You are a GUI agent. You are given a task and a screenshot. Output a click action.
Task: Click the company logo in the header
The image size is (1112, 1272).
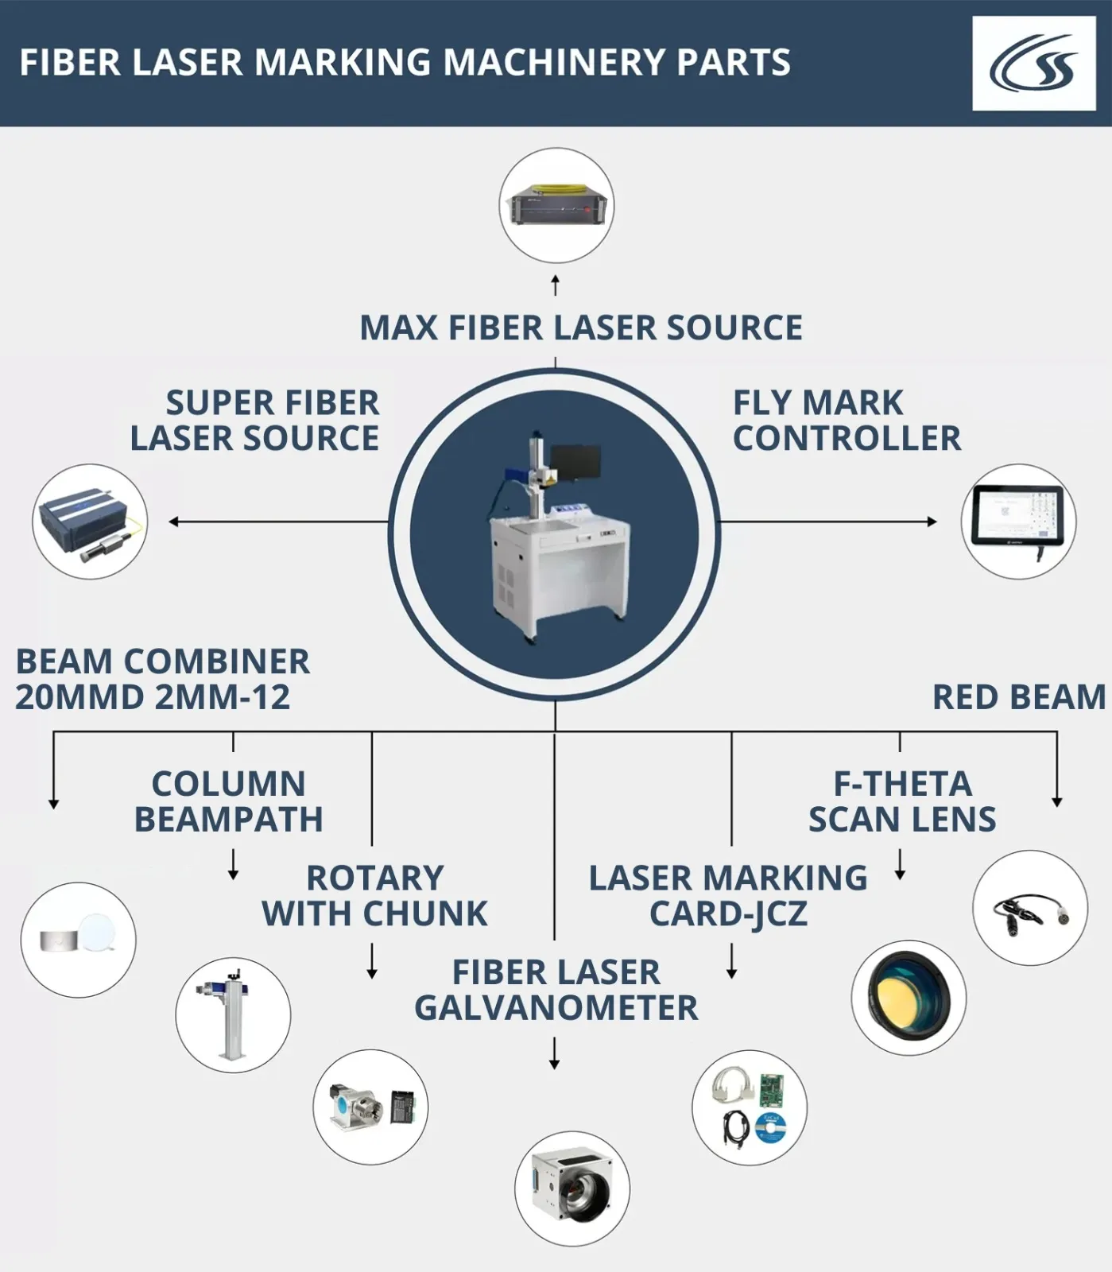coord(1033,63)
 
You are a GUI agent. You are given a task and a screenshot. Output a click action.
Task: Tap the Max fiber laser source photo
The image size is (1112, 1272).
coord(556,205)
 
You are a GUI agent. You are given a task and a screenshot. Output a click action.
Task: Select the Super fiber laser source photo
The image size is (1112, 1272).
coord(90,522)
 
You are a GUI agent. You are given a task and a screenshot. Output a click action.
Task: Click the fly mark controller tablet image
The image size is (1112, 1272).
coord(1018,522)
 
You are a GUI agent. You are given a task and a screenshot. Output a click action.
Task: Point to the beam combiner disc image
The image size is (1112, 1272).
coord(78,940)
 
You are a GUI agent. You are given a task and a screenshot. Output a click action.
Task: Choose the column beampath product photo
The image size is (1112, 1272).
coord(233,1015)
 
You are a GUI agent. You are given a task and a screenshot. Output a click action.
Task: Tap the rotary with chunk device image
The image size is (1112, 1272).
coord(370,1107)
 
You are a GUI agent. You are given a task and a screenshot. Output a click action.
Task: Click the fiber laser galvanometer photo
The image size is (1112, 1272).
coord(572,1189)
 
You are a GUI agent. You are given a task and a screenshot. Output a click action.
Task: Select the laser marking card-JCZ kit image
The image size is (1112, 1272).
coord(750,1107)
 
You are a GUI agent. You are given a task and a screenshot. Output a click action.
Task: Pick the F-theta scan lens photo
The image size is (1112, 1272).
coord(909,998)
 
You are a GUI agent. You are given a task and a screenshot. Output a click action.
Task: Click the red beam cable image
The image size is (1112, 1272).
coord(1030,908)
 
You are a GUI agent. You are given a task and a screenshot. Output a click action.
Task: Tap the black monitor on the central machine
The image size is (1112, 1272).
coord(575,464)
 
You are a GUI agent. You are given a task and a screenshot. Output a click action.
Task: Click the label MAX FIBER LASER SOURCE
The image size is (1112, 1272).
coord(581,328)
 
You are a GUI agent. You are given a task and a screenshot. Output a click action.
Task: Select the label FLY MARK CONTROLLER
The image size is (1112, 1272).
coord(847,421)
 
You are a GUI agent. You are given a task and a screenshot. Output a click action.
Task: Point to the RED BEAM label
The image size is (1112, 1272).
coord(1018,697)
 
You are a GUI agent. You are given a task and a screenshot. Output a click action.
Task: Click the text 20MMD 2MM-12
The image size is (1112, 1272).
coord(153,697)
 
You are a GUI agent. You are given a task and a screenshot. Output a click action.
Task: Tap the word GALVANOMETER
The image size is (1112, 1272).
coord(556,1008)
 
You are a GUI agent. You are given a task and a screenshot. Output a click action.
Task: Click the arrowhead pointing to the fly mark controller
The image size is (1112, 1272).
coord(932,522)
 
